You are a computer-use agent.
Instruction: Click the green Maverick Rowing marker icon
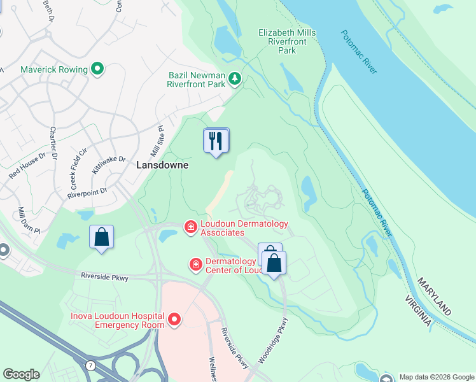coord(97,68)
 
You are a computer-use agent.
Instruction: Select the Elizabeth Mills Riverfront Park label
coord(287,41)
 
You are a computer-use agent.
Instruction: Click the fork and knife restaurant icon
coord(216,140)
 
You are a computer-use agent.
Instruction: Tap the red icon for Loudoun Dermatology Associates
coord(190,227)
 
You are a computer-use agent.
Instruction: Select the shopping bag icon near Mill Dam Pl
coord(101,237)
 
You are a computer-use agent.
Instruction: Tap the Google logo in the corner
coord(21,374)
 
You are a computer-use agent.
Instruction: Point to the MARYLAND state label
coord(435,296)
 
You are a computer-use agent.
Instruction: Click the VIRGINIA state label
coord(417,311)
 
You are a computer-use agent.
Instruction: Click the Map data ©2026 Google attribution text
coord(436,377)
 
